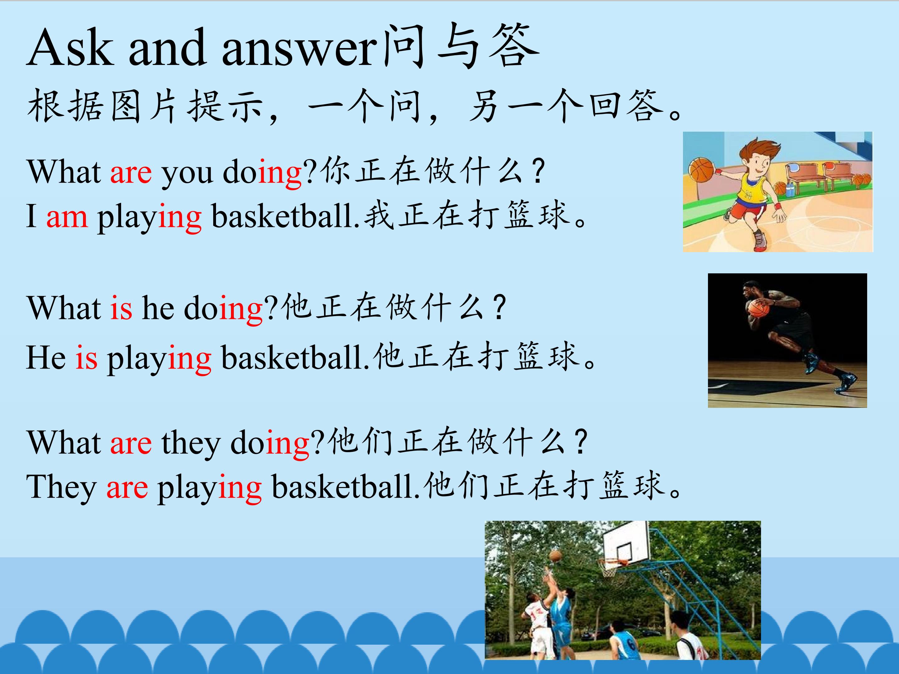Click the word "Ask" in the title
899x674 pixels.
pyautogui.click(x=70, y=47)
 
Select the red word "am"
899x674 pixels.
pyautogui.click(x=67, y=217)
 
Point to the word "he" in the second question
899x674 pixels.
pyautogui.click(x=158, y=308)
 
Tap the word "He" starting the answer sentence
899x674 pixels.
pyautogui.click(x=46, y=358)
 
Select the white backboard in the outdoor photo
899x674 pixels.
pyautogui.click(x=626, y=543)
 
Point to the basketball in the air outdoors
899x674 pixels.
pyautogui.click(x=555, y=555)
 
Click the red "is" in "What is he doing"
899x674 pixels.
pyautogui.click(x=121, y=308)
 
